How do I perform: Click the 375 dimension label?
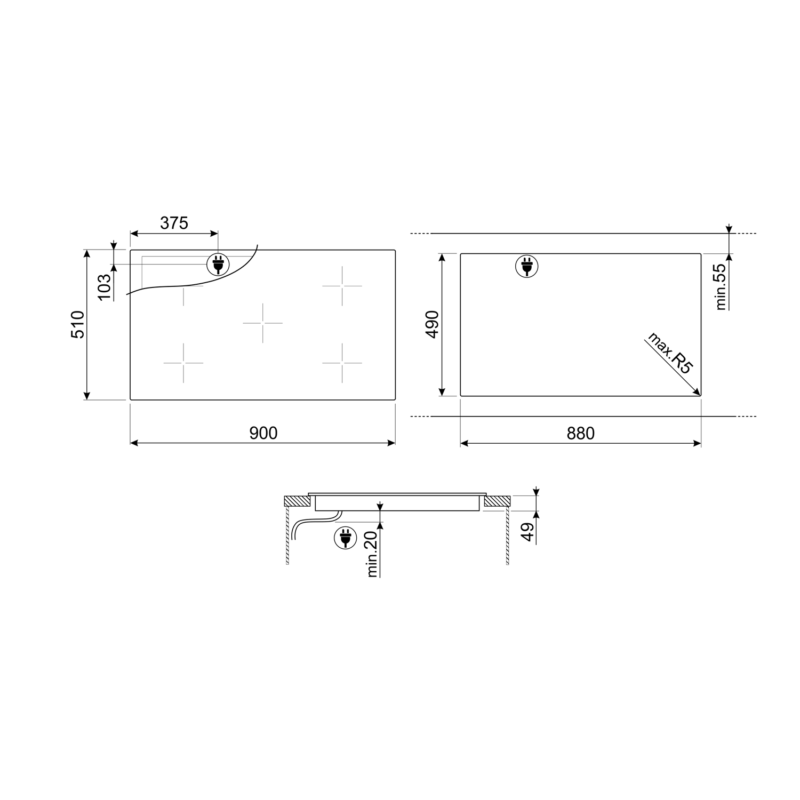[174, 223]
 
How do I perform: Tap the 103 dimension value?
[105, 286]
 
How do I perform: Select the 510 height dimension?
[78, 324]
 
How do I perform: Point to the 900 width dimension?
[263, 433]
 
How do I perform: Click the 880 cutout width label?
[580, 433]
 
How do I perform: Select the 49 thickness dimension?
[528, 532]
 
